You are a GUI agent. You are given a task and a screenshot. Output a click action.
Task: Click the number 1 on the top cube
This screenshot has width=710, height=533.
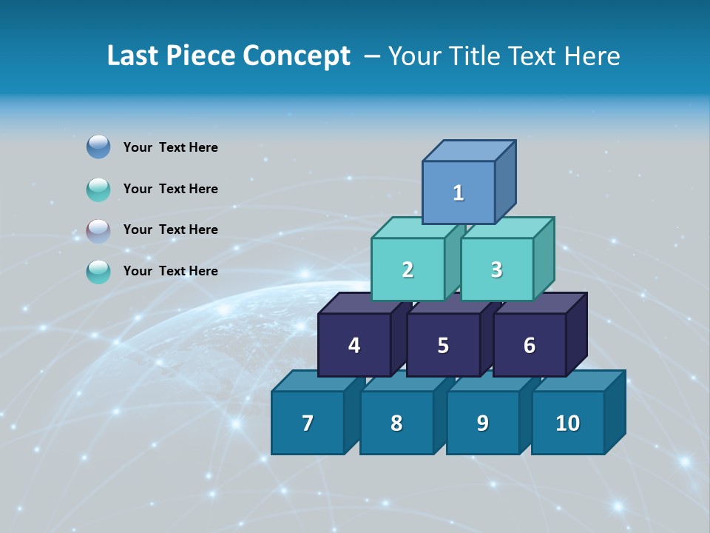[459, 193]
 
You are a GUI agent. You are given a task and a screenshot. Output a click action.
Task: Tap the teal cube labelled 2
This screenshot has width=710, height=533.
[408, 270]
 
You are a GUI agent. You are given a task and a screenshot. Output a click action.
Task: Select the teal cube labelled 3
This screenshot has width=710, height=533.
[496, 270]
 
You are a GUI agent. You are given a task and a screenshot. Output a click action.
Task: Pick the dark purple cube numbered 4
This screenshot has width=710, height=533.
[354, 346]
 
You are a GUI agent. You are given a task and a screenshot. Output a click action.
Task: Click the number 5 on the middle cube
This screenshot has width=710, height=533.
[443, 346]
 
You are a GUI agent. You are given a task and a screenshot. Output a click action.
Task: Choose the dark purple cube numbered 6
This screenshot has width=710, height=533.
[530, 346]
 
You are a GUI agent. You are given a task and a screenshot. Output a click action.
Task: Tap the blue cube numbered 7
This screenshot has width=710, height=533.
[308, 423]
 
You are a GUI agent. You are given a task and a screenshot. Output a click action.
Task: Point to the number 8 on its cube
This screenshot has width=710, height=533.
[396, 423]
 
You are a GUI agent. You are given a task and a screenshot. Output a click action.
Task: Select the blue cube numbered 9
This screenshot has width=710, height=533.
[482, 423]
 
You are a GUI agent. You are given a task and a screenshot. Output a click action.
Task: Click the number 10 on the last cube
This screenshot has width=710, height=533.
[567, 423]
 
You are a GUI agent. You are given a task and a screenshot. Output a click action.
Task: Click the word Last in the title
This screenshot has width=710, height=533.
[134, 56]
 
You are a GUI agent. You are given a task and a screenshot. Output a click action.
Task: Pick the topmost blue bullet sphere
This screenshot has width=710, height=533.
[98, 147]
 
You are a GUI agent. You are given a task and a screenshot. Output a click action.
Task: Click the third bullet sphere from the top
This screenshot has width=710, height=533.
[98, 230]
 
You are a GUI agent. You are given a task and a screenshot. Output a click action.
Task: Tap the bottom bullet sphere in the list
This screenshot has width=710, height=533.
[98, 272]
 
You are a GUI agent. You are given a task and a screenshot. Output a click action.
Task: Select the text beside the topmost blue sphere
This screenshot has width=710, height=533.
[170, 147]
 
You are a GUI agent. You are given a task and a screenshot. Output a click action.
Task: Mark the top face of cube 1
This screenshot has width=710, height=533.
[468, 150]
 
